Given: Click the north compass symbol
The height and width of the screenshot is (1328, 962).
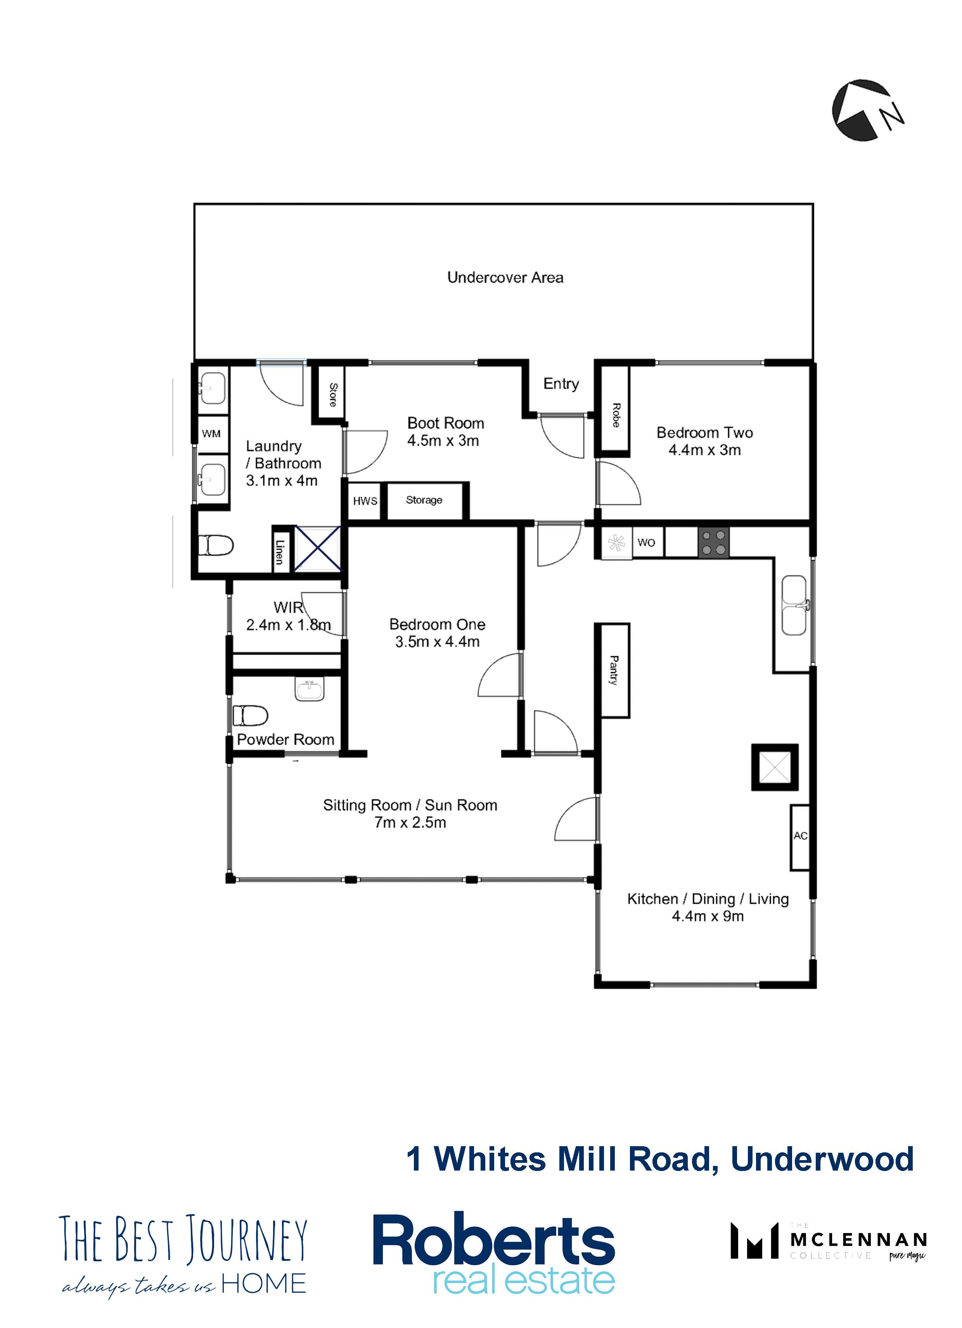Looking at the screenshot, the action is [x=867, y=110].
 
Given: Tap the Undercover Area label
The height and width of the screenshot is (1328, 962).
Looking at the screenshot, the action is [x=505, y=278].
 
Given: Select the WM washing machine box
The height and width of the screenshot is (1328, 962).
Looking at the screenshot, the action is [x=211, y=434].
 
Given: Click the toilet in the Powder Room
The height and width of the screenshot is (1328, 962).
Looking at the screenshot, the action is [x=250, y=715].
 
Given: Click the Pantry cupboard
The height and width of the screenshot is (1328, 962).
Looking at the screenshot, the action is [x=613, y=670].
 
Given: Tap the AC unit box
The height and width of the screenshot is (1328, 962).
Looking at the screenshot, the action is [x=800, y=836].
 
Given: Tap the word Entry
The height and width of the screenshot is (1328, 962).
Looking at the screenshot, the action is [x=561, y=384].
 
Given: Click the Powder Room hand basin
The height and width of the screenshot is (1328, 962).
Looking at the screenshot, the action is [x=309, y=690].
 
